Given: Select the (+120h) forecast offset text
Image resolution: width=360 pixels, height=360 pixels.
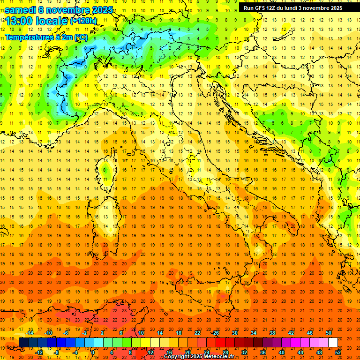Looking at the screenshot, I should pos(84,21).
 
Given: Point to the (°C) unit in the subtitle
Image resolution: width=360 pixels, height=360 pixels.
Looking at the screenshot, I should pos(81,37).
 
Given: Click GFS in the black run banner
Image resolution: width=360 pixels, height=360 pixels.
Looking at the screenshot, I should pos(261,8).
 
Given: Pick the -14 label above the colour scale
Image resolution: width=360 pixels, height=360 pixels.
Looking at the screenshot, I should pos(29,333).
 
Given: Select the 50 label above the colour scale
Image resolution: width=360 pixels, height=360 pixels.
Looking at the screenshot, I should pos(329,333).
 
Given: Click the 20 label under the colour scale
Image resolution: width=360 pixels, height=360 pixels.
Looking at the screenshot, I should pos(187,352).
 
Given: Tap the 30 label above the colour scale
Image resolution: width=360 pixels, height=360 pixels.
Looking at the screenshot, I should pos(234,333).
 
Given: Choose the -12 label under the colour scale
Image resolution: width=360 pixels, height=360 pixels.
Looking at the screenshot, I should pos(39,352).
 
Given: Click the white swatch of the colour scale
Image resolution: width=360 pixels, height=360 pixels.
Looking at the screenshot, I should pos(333,343).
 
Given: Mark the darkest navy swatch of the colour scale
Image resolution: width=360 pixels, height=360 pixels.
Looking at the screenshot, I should pos(23,343).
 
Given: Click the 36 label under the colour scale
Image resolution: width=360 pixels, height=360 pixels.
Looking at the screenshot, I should pos(263,352).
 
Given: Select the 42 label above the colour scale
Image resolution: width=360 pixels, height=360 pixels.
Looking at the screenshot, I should pos(291,333).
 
